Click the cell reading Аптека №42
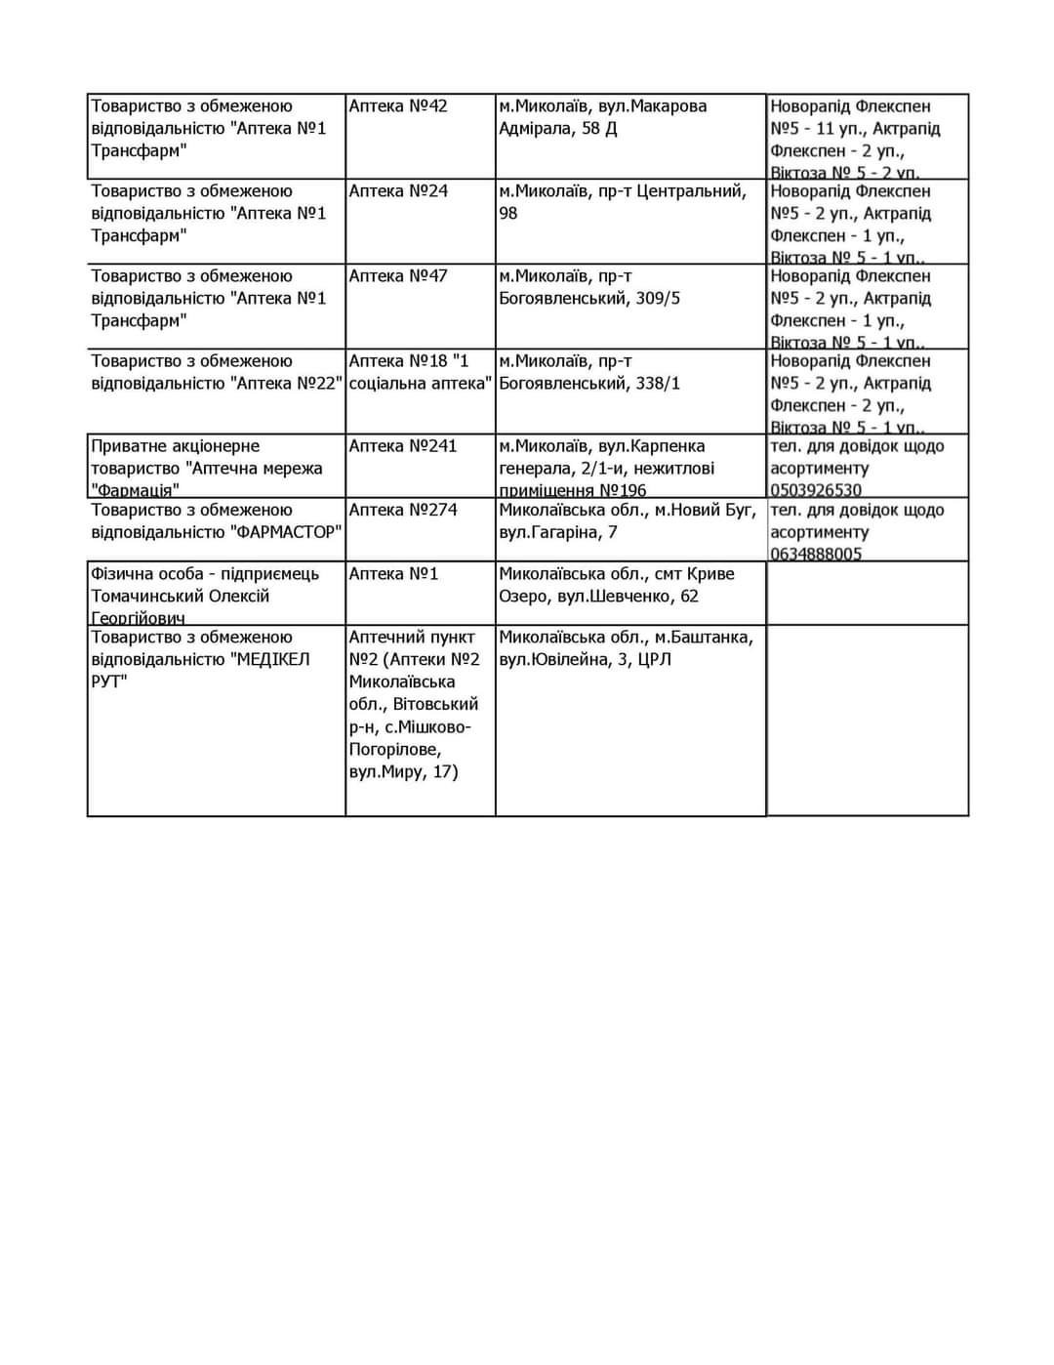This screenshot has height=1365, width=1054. tap(398, 106)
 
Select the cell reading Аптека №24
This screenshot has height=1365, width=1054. tap(398, 191)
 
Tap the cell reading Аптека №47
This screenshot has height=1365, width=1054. tap(398, 276)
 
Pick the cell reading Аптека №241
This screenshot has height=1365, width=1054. tap(402, 446)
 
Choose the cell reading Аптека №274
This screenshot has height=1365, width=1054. tap(402, 510)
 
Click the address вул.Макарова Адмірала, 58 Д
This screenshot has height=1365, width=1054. tap(603, 117)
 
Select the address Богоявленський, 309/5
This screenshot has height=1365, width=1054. tap(589, 299)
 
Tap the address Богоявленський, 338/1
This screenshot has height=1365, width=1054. tap(589, 384)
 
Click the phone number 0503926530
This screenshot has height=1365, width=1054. tap(816, 490)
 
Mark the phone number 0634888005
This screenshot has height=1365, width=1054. tap(816, 554)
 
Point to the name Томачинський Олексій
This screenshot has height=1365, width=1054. tap(180, 597)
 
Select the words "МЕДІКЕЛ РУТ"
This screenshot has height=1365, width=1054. tap(200, 670)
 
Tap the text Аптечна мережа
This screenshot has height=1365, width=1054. tap(258, 469)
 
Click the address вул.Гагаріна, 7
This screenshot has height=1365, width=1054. tap(557, 532)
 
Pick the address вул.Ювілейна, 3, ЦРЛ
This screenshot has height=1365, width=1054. tap(585, 660)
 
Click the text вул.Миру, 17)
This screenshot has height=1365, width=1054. tap(403, 772)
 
